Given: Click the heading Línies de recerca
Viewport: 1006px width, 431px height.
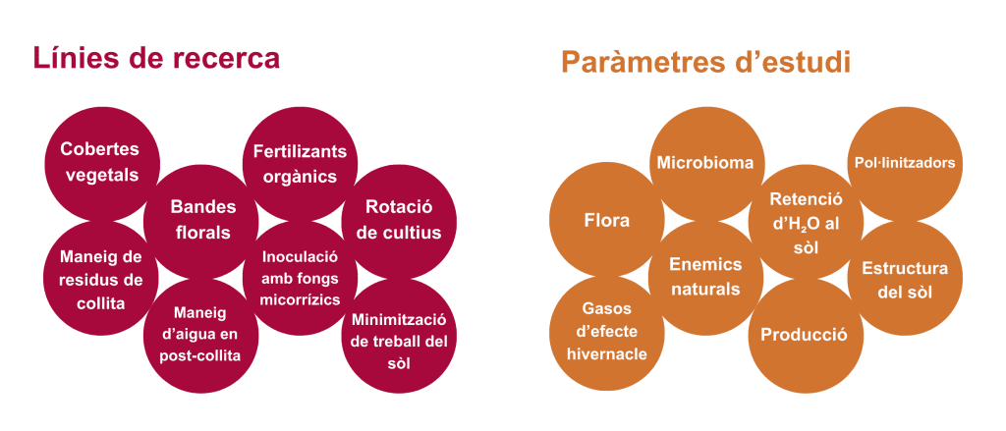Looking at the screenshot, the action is click(x=156, y=58).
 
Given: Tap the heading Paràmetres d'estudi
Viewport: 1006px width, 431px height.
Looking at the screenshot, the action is click(x=705, y=62).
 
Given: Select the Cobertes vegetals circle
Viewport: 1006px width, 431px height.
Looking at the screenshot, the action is click(x=101, y=163).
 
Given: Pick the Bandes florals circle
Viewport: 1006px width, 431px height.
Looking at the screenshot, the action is click(x=201, y=220).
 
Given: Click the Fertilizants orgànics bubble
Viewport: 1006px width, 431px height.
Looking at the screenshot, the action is click(x=300, y=163).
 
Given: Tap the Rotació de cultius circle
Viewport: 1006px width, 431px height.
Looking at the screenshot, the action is click(x=399, y=220).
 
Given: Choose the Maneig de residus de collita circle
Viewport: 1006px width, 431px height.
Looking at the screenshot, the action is click(x=101, y=278).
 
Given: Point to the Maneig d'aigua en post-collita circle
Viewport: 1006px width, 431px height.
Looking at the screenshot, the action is click(x=200, y=335).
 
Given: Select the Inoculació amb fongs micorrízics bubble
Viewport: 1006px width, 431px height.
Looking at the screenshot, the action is click(x=300, y=278).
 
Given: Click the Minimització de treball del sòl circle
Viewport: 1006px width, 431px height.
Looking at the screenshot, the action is click(x=399, y=336).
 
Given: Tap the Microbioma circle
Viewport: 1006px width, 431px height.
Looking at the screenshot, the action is click(x=705, y=164).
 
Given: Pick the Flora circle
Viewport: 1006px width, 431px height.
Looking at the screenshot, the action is click(x=606, y=220).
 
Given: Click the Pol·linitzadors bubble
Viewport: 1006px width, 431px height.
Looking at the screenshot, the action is click(x=905, y=164).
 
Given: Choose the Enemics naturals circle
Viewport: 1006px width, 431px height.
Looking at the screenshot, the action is click(x=705, y=278).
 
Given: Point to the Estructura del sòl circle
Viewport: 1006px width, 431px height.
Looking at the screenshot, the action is click(x=905, y=278).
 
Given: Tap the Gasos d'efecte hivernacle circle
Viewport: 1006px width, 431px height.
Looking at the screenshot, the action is click(x=606, y=334).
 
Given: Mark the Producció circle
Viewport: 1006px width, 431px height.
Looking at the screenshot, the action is click(x=806, y=335).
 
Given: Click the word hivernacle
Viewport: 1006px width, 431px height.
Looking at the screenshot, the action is click(x=607, y=354).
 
